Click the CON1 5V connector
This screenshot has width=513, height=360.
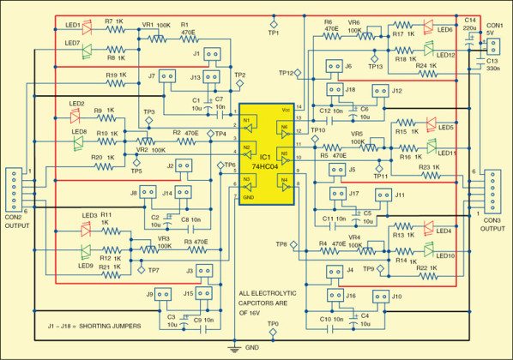[x=495, y=43]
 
